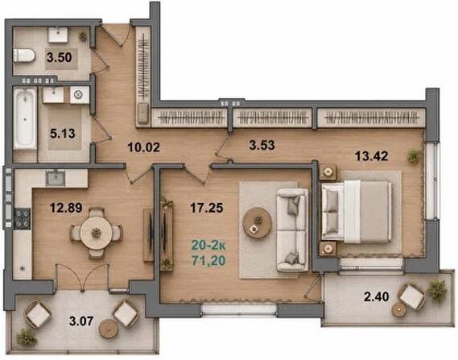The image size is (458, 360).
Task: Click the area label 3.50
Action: (x=59, y=57)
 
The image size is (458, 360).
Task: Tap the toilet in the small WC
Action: (x=24, y=56)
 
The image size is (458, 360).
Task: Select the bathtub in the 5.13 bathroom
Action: (x=25, y=118)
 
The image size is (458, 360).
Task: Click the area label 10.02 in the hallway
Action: (x=144, y=147)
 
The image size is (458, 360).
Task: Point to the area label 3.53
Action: (x=262, y=145)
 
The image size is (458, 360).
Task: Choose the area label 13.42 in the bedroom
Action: (x=372, y=156)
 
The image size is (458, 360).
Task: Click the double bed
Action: (x=357, y=212)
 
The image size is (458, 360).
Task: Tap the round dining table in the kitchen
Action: (x=96, y=233)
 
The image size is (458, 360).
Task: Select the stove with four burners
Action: (x=23, y=218)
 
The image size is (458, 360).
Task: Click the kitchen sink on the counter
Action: (x=55, y=178)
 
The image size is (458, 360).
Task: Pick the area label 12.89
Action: (x=66, y=208)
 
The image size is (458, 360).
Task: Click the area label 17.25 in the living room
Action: (x=207, y=208)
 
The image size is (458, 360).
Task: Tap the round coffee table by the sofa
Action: (x=257, y=223)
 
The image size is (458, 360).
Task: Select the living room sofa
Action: (x=293, y=230)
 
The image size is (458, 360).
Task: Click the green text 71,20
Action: (x=208, y=260)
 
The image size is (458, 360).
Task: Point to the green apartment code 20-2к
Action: (x=208, y=246)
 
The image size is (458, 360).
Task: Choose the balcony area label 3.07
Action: (x=81, y=321)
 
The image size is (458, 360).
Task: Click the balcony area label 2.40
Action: (x=376, y=296)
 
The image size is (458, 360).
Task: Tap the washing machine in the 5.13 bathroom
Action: (x=80, y=95)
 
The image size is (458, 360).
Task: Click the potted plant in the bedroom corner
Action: (x=415, y=156)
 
